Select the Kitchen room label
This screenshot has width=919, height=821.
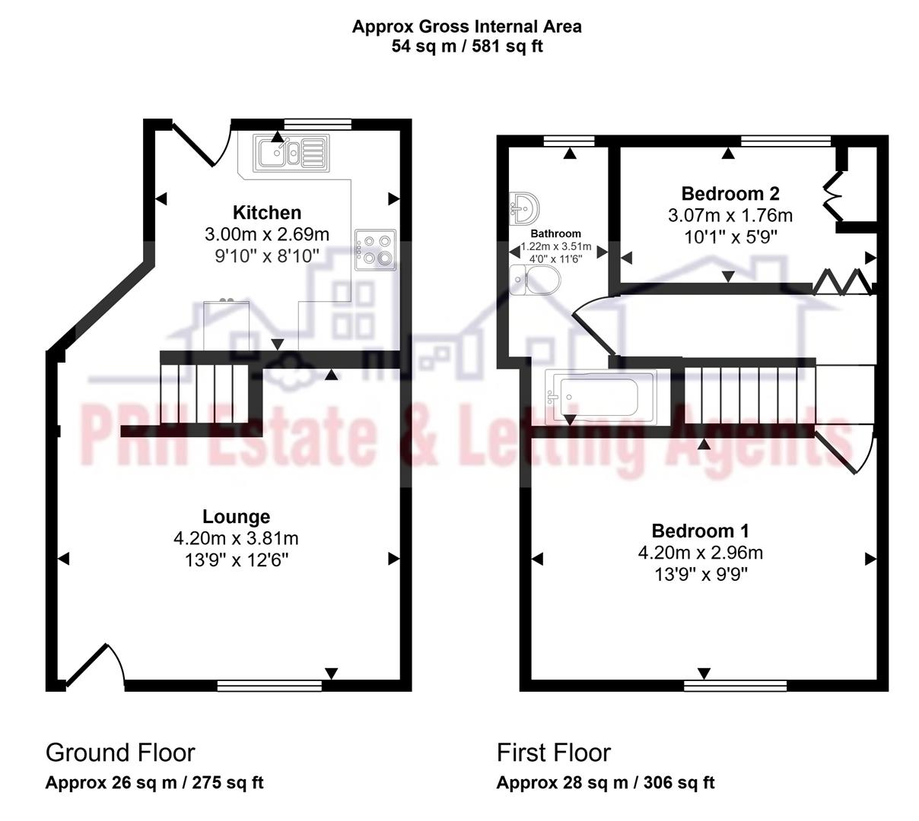tap(266, 212)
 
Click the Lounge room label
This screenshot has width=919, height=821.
tap(236, 516)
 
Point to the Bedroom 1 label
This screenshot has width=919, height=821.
tap(700, 530)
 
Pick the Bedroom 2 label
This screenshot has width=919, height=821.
tap(730, 193)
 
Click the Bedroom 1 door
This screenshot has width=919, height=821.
tap(843, 455)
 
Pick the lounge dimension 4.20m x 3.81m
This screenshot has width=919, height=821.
tap(236, 538)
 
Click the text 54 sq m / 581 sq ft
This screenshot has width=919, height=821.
tap(466, 46)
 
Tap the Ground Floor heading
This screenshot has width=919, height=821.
tap(120, 753)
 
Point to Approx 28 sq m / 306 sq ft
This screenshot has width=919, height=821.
tap(605, 782)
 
